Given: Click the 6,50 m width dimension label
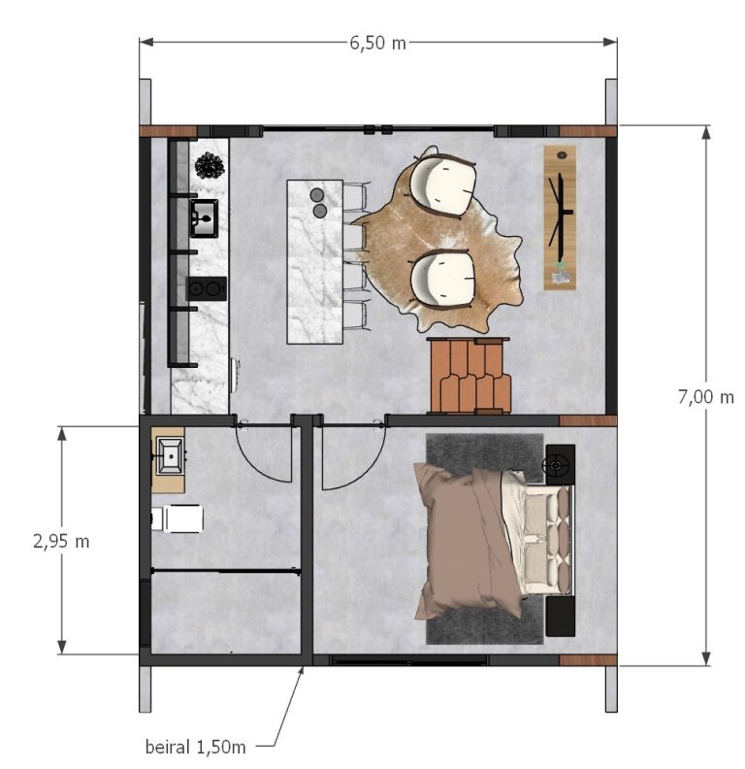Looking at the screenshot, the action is pyautogui.click(x=378, y=43).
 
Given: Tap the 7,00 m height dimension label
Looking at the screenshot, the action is pyautogui.click(x=706, y=396).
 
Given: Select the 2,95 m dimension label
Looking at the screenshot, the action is pyautogui.click(x=61, y=542).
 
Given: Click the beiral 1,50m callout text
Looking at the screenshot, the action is pyautogui.click(x=195, y=748).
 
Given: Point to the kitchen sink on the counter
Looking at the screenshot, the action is pyautogui.click(x=204, y=218).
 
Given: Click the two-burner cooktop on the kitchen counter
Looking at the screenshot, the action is pyautogui.click(x=207, y=288).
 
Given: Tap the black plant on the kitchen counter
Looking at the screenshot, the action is pyautogui.click(x=210, y=166).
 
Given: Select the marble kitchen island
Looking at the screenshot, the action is pyautogui.click(x=314, y=262).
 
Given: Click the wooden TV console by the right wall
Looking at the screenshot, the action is pyautogui.click(x=560, y=217).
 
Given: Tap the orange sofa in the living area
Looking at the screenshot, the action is pyautogui.click(x=470, y=376).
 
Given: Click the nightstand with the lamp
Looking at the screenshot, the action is pyautogui.click(x=560, y=464).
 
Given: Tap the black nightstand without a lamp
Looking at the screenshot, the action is pyautogui.click(x=561, y=616).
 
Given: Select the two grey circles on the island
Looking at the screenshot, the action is pyautogui.click(x=318, y=203).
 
